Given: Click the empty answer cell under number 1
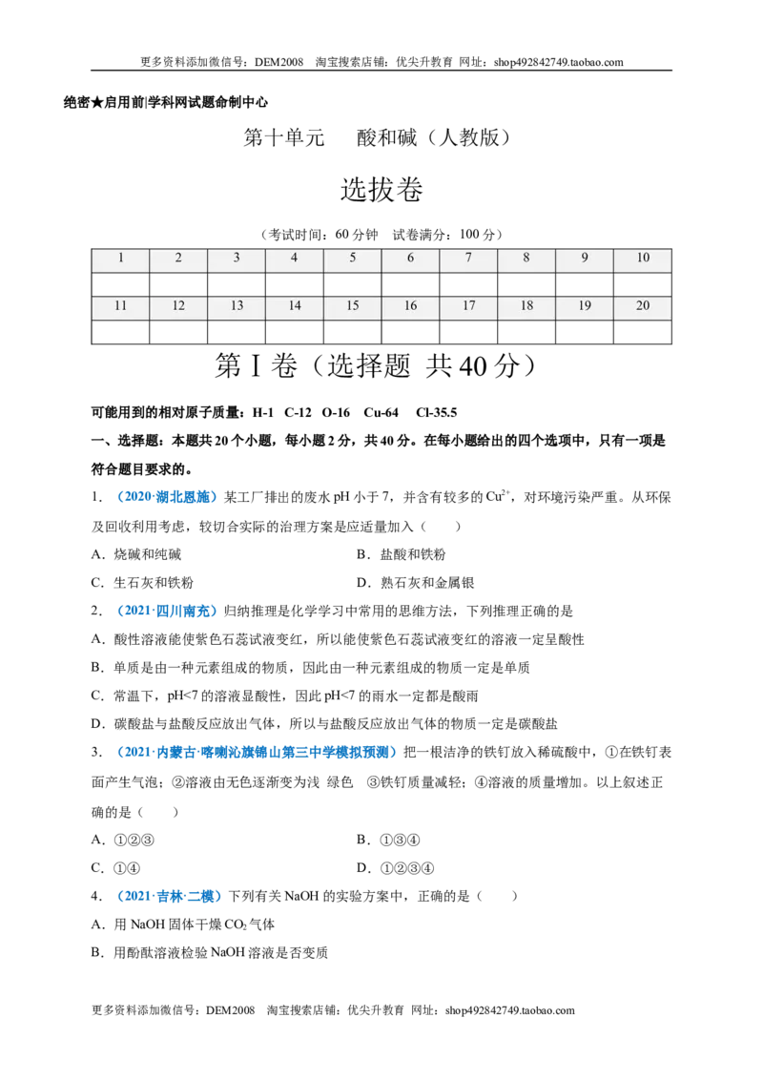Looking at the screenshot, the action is [x=120, y=284].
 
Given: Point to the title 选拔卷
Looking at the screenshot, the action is [x=381, y=190].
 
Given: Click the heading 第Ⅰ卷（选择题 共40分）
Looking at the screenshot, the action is [x=376, y=365].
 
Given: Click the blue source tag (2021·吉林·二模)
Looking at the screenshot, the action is [x=170, y=896].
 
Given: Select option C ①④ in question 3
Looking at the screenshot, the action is [x=115, y=868].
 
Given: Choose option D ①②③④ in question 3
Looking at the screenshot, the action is [x=395, y=868].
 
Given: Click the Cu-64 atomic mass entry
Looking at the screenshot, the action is [x=381, y=412].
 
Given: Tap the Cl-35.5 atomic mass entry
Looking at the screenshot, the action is [x=437, y=412].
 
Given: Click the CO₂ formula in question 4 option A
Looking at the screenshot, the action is [x=236, y=924].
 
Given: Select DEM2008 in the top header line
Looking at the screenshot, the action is [x=278, y=62].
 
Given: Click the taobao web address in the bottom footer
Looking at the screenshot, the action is [x=509, y=1010].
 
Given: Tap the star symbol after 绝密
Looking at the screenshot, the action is [x=97, y=103].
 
